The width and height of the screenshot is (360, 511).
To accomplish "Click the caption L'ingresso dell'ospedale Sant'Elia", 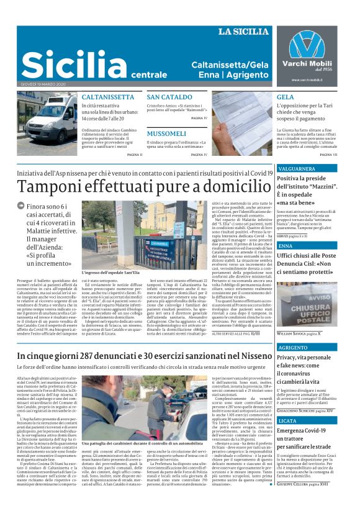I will click(x=111, y=273).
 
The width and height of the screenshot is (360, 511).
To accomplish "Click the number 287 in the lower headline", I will click(x=102, y=356).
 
